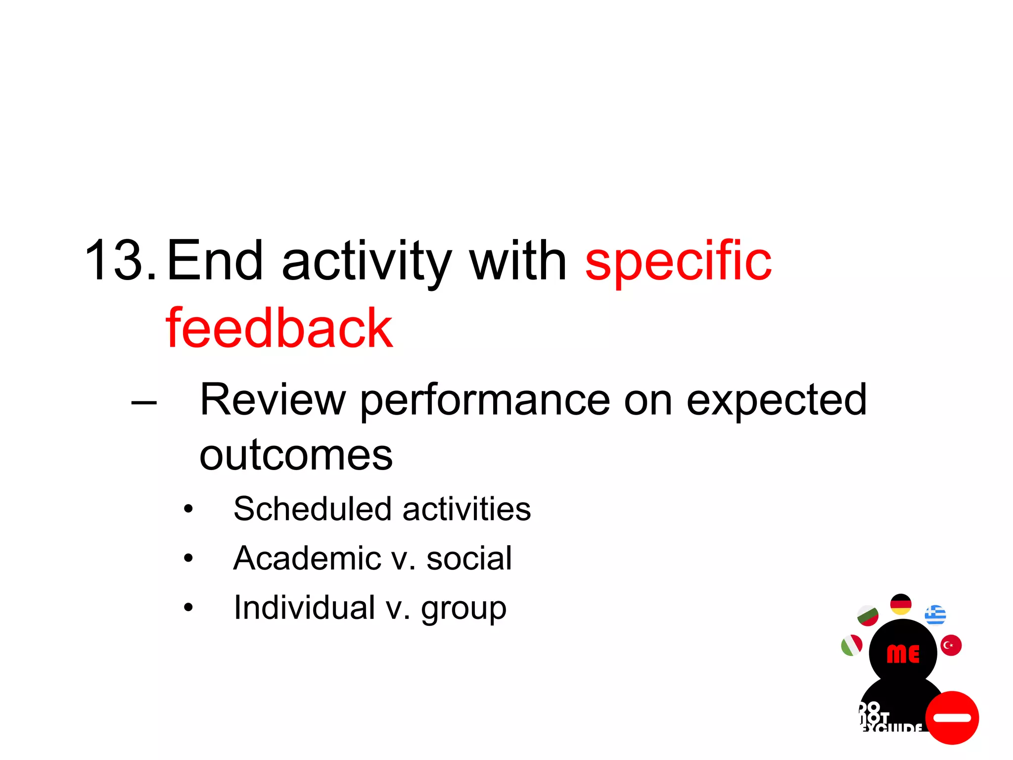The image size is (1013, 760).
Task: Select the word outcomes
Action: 296,455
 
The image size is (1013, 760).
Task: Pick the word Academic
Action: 307,559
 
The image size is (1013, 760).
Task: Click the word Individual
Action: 304,608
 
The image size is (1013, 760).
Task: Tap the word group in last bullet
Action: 463,610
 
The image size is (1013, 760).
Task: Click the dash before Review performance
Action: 144,403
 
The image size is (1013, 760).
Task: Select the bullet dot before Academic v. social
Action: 188,559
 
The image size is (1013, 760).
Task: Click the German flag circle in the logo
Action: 901,604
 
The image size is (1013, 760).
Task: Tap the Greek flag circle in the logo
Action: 935,615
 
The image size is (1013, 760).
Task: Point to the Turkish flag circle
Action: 951,645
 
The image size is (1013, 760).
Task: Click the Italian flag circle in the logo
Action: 851,645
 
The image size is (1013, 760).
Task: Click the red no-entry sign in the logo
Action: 952,717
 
